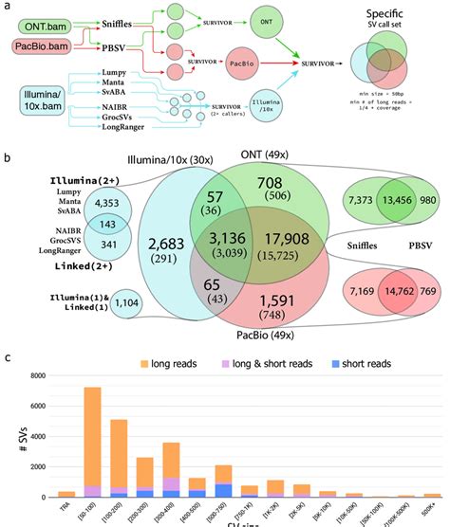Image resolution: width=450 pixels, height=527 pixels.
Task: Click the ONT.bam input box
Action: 46,21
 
